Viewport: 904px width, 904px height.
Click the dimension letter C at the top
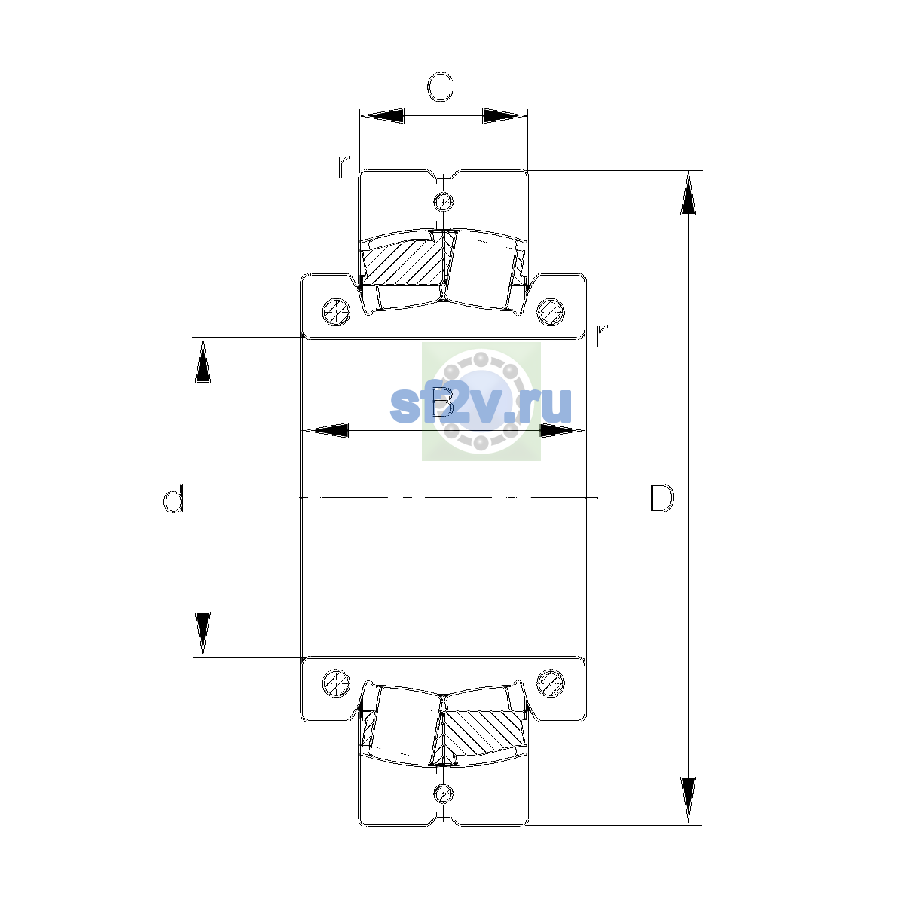pos(439,87)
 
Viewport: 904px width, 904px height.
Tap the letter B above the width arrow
pos(442,402)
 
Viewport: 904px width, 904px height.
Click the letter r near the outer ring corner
pos(344,166)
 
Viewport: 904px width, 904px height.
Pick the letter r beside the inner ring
pos(601,335)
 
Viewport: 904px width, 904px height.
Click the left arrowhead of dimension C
pos(382,115)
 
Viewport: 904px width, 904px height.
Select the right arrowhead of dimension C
pos(505,115)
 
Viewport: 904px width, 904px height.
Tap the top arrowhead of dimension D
pos(689,193)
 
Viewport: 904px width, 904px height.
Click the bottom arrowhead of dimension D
pos(689,801)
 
